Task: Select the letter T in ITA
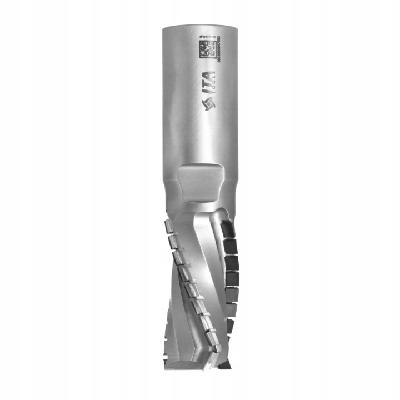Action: tap(207, 84)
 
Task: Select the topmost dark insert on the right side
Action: tap(228, 228)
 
